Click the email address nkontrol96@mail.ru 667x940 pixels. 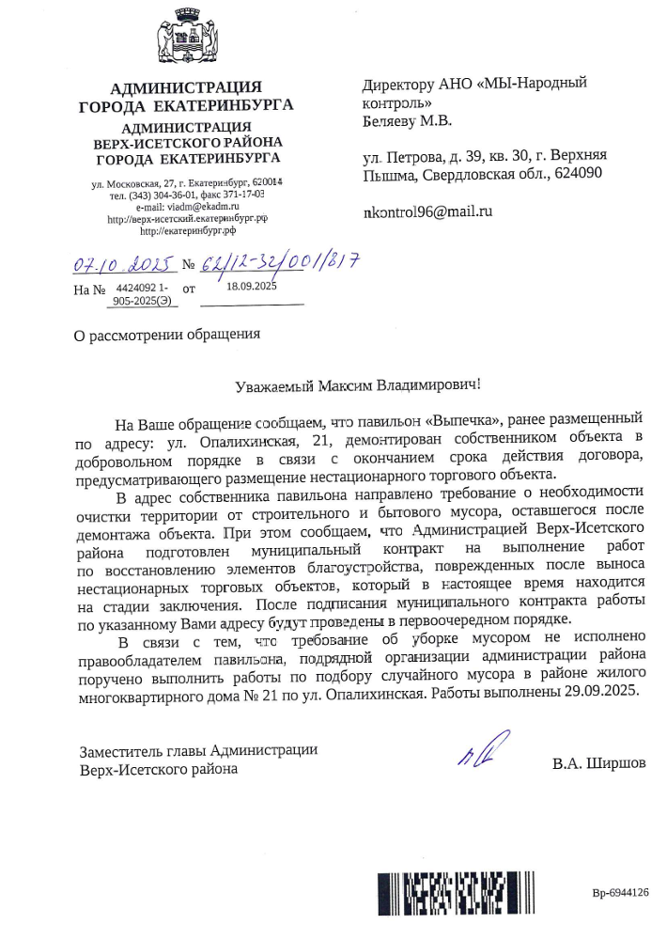pyautogui.click(x=427, y=212)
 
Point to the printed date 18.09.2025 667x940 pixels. pyautogui.click(x=253, y=286)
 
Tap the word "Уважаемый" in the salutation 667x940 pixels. pyautogui.click(x=275, y=384)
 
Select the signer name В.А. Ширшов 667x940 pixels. pyautogui.click(x=599, y=763)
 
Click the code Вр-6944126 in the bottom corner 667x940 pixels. pyautogui.click(x=621, y=893)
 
